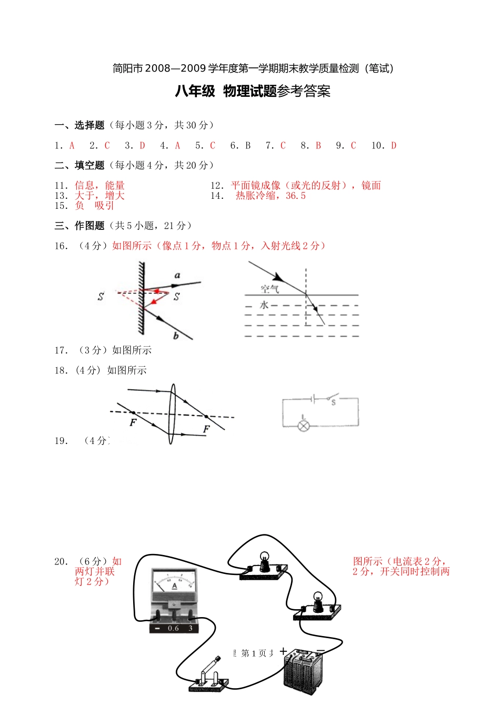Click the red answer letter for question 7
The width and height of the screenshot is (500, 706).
point(283,146)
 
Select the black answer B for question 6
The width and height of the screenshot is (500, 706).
point(248,146)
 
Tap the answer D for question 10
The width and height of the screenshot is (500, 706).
point(394,146)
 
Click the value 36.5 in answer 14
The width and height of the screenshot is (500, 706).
point(296,196)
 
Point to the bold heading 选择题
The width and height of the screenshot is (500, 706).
point(89,125)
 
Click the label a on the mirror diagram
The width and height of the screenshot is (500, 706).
point(177,275)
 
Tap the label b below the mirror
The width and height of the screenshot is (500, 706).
point(176,336)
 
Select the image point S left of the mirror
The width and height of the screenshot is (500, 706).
point(101,297)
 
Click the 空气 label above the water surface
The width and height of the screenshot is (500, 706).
point(269,289)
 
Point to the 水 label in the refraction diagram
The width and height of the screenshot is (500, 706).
point(264,305)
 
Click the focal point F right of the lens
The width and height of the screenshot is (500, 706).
point(206,429)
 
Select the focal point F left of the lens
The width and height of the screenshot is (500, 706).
point(133,422)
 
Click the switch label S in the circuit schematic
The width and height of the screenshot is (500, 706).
point(333,402)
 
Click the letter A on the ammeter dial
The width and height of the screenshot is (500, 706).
point(174,586)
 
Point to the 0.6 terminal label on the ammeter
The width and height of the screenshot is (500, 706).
point(173,628)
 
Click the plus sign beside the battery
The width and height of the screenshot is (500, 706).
point(284,651)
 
